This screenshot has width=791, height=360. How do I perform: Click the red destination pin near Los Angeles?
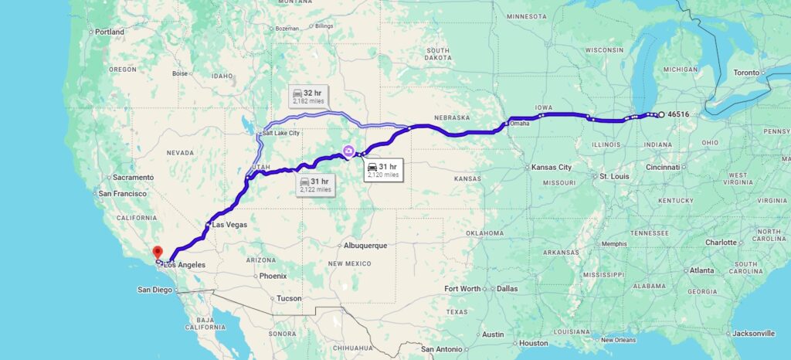157,252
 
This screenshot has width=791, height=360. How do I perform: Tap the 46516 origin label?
679,114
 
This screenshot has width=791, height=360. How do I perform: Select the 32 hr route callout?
307,97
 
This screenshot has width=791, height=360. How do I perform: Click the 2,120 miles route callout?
382,170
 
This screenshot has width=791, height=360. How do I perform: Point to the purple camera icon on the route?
348,151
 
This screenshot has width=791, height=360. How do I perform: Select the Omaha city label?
520,124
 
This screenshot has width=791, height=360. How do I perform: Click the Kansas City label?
551,167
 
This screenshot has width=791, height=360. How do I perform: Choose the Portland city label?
110,32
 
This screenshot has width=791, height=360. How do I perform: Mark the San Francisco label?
121,192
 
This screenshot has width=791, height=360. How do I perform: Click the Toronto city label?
746,72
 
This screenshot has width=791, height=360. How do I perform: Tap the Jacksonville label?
752,333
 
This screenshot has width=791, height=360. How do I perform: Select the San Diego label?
155,290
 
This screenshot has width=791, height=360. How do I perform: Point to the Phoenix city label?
273,276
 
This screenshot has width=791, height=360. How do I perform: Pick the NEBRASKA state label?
452,117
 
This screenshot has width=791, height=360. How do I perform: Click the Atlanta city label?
702,270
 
